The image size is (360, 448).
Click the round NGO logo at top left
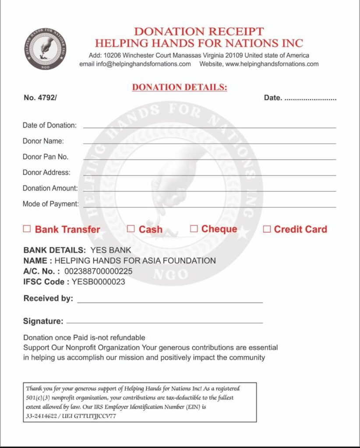tap(46, 49)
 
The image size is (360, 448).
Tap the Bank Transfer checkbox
tap(27, 229)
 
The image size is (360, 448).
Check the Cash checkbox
tap(131, 229)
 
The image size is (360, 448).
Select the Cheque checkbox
tap(194, 228)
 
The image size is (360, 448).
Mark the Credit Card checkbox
tap(267, 229)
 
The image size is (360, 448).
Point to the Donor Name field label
tap(43, 141)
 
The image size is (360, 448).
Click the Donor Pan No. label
tap(46, 157)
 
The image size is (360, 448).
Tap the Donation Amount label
tap(50, 188)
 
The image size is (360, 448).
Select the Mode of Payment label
tap(50, 204)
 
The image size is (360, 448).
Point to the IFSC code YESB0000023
tap(99, 282)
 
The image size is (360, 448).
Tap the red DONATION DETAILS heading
tap(180, 87)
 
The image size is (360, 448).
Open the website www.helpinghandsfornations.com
tap(272, 64)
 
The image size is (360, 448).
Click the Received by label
tap(48, 299)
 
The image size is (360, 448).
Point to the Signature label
tap(43, 322)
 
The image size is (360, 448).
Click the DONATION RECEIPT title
tap(199, 31)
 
